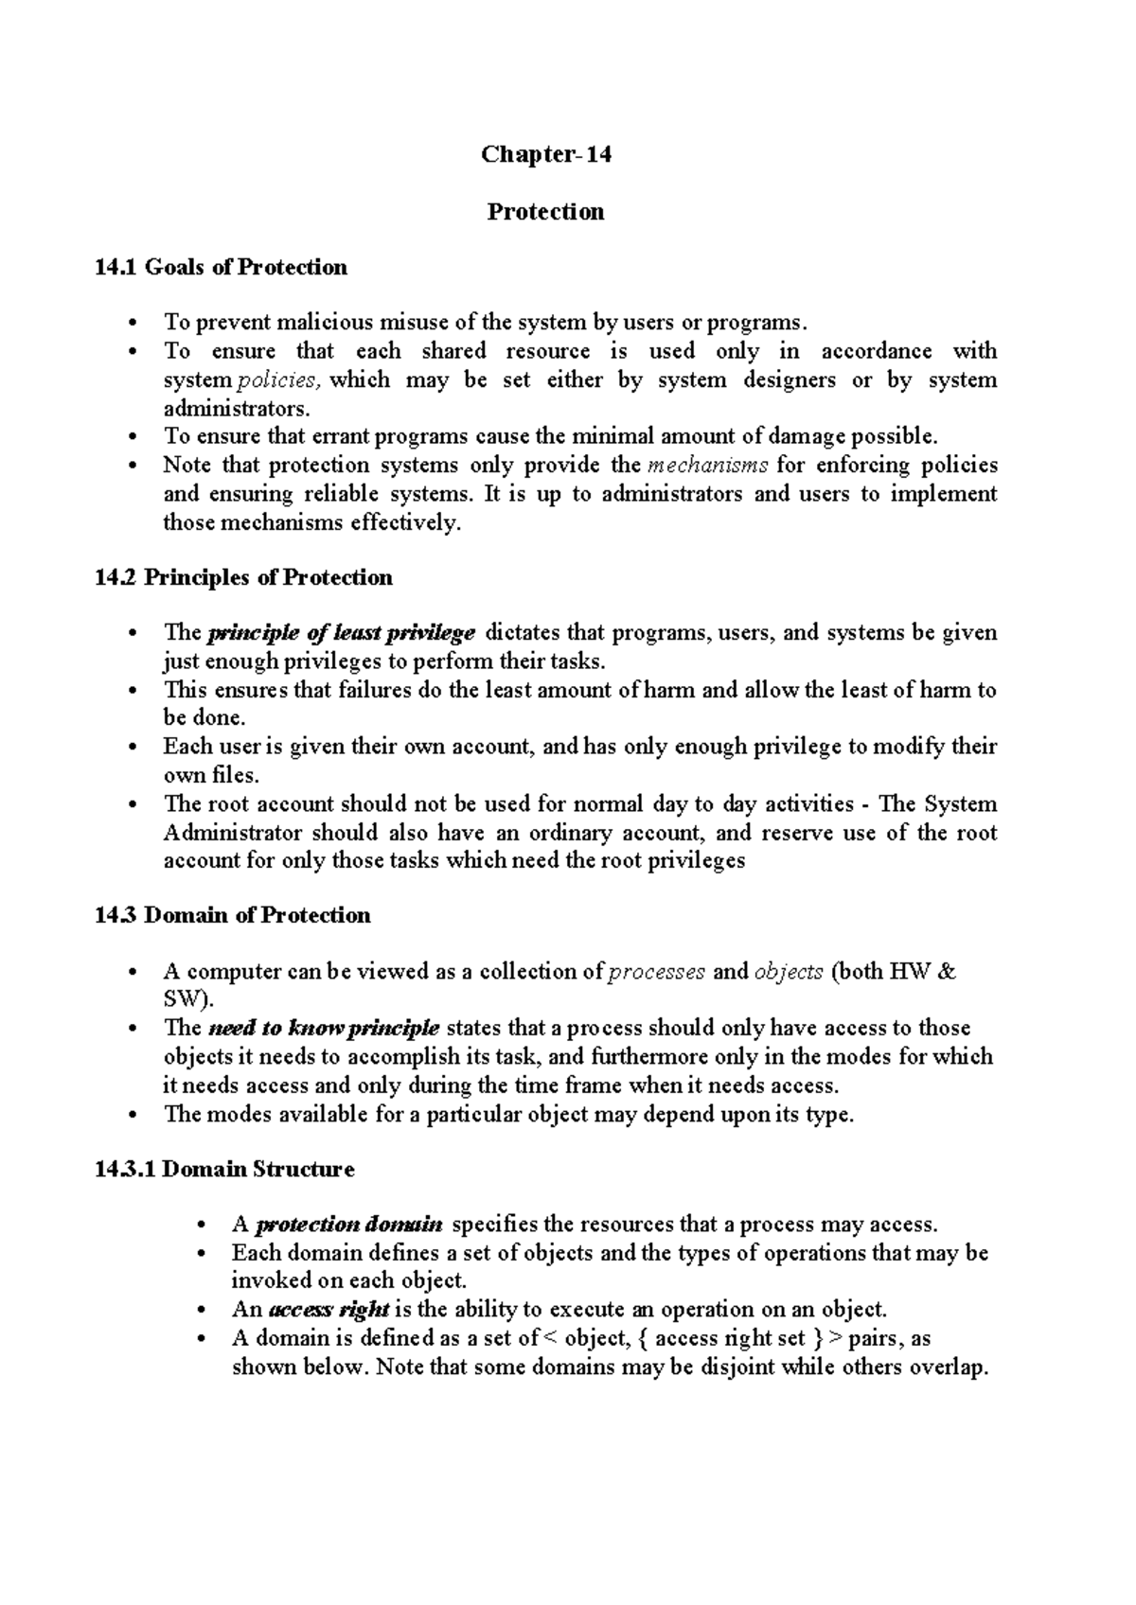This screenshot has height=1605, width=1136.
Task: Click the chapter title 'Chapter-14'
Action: [x=546, y=154]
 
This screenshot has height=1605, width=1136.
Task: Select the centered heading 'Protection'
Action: [x=545, y=211]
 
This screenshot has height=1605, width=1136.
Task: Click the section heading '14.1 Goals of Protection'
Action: [x=221, y=268]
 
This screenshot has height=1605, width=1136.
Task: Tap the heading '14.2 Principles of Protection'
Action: [x=243, y=577]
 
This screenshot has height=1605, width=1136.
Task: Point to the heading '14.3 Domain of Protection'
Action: [x=233, y=915]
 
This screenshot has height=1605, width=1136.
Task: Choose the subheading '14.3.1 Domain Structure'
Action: [x=224, y=1169]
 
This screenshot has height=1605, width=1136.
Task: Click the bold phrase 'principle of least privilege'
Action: [x=341, y=632]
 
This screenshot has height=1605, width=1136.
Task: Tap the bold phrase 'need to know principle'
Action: [x=323, y=1028]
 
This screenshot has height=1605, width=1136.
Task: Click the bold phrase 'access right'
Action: [x=328, y=1310]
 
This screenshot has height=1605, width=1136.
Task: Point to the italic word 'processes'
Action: [x=655, y=972]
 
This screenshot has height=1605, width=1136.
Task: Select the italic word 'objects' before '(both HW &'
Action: [x=789, y=972]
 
